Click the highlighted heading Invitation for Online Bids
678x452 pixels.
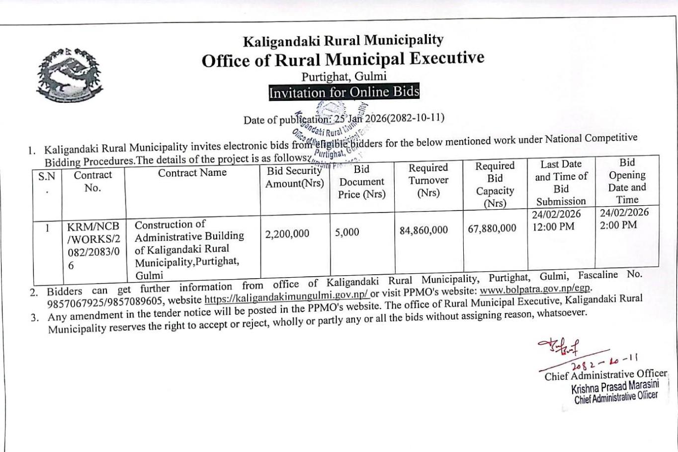[x=344, y=92]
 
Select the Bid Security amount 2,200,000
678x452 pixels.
[x=287, y=233]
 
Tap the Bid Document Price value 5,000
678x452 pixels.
[x=347, y=232]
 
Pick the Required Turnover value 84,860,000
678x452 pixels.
[x=424, y=230]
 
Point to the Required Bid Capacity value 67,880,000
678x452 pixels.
[x=492, y=228]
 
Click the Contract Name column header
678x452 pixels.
[x=192, y=173]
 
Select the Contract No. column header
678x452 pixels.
[x=93, y=181]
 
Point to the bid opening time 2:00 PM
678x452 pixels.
[x=618, y=225]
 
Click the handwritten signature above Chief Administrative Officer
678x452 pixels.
[x=555, y=346]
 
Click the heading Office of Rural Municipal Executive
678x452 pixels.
[x=343, y=60]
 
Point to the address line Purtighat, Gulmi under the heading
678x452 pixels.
[x=344, y=76]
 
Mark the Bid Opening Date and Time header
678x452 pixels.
[x=627, y=181]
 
